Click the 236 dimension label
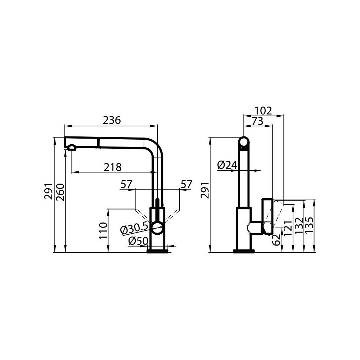pyautogui.click(x=112, y=120)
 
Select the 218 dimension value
pyautogui.click(x=113, y=167)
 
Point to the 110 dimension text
pyautogui.click(x=103, y=231)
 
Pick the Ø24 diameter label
pyautogui.click(x=228, y=165)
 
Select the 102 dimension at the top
pyautogui.click(x=263, y=111)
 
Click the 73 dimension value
pyautogui.click(x=257, y=121)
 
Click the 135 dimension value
pyautogui.click(x=310, y=225)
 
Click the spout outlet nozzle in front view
pyautogui.click(x=72, y=147)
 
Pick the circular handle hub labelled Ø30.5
pyautogui.click(x=157, y=227)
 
